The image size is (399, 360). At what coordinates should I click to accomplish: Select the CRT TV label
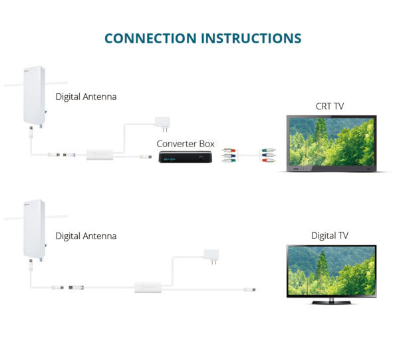[330, 106]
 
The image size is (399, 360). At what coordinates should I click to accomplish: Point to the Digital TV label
[330, 236]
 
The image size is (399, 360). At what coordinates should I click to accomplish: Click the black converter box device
[186, 158]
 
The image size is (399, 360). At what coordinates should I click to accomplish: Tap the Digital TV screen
[330, 271]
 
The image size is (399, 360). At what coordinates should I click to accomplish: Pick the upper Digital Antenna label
[86, 96]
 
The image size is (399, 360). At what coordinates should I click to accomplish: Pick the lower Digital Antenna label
[86, 236]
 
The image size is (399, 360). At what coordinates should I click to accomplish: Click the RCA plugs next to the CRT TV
[267, 156]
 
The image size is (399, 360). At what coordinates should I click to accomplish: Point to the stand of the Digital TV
[330, 301]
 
